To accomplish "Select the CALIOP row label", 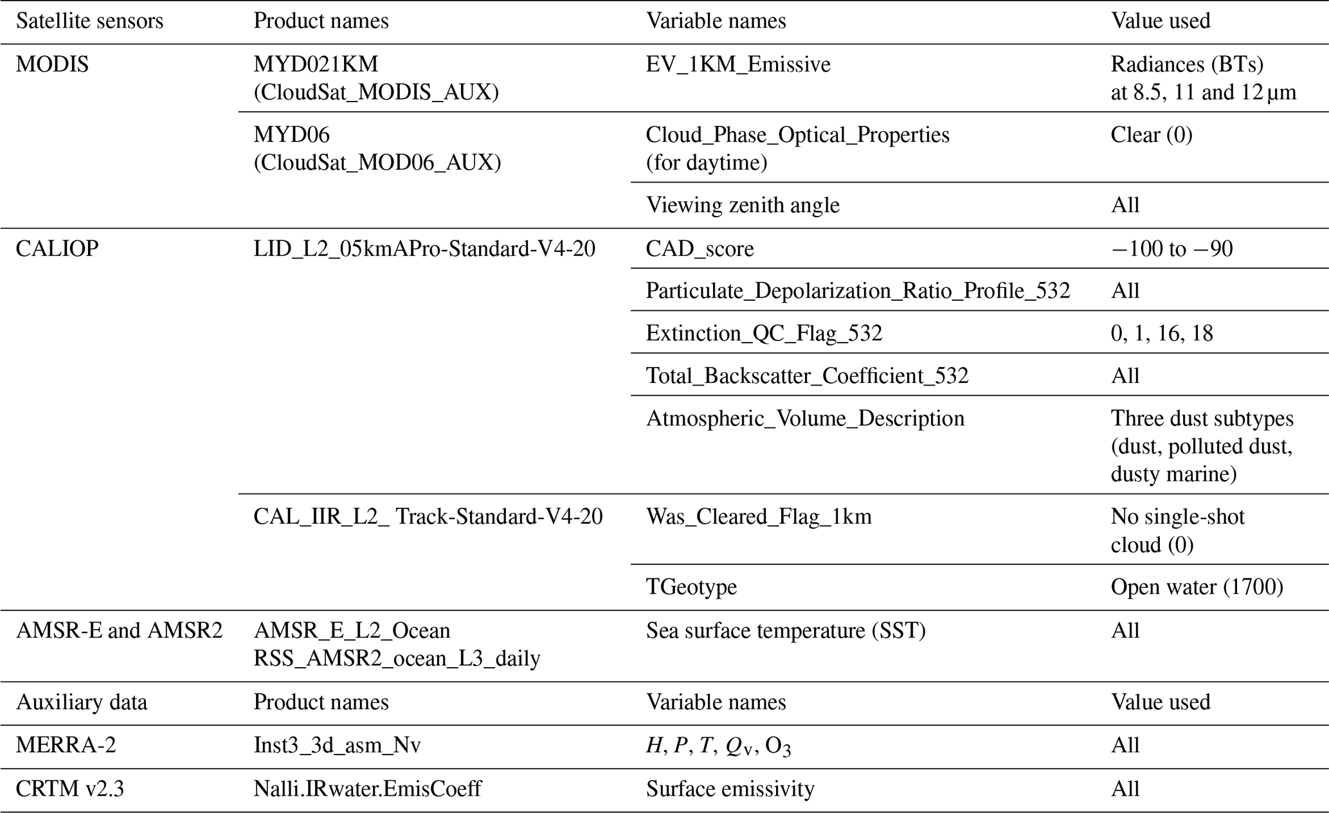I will pos(57,249).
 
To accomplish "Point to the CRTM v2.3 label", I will pos(69,788).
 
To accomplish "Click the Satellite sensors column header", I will pos(90,21).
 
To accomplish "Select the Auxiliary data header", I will pos(82,702).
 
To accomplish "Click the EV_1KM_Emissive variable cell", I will pos(738,64).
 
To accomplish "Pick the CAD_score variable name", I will pos(700,249).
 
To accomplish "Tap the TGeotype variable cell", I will pos(691,587).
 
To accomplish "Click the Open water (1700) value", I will pos(1197,587).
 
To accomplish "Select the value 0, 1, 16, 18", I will pos(1162,334).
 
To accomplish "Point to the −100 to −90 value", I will pos(1171,249).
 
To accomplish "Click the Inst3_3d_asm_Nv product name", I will pos(337,745).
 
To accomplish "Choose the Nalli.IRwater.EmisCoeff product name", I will pos(367,788).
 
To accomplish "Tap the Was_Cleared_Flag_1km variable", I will pos(759,517).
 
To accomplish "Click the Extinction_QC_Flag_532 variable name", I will pos(764,334).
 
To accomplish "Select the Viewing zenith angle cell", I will pos(743,205).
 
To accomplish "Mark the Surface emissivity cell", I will pos(730,788).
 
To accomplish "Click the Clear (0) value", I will pos(1151,135).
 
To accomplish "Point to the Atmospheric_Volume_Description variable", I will pos(805,418).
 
